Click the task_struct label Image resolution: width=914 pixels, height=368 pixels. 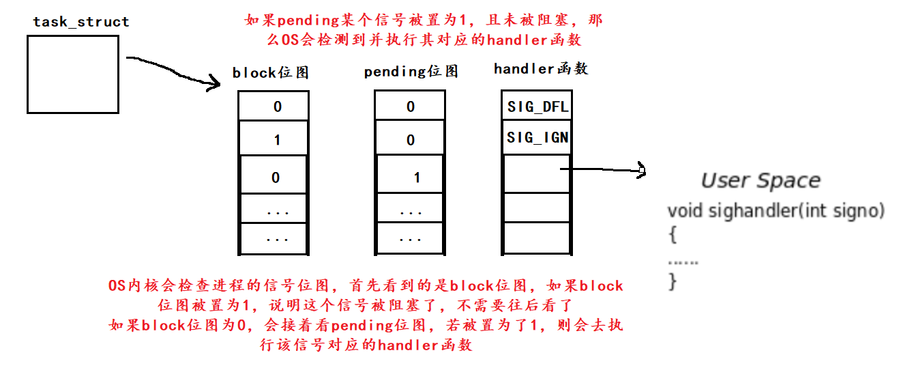pos(80,22)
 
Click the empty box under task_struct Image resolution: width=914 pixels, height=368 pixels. pos(73,74)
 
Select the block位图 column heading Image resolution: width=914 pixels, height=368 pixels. pos(271,72)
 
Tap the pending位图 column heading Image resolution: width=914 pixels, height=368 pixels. pos(411,72)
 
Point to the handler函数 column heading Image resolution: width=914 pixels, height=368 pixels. pos(541,69)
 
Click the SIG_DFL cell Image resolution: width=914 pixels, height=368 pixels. pos(537,107)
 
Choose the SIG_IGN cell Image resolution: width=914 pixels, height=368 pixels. pos(537,138)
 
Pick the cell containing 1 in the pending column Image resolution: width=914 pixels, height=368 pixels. pos(411,178)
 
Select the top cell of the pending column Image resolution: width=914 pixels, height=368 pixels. pos(411,107)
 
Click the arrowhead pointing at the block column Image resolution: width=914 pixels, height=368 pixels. pos(216,85)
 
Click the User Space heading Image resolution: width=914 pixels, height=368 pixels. pos(761,181)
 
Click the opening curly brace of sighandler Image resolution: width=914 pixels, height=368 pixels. pos(673,236)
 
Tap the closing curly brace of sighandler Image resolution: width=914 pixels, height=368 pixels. pos(673,281)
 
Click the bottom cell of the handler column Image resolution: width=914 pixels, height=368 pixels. pos(535,239)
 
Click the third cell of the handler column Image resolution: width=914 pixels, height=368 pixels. pos(535,173)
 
